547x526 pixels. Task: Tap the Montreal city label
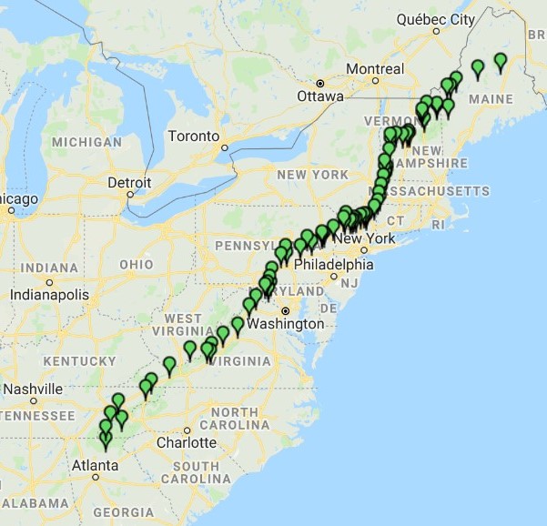375,69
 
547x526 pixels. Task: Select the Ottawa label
320,96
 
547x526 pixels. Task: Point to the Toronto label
193,137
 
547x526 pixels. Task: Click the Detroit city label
129,182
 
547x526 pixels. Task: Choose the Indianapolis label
50,295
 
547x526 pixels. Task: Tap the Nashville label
33,389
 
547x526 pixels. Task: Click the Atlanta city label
96,465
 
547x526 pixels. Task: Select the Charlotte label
186,442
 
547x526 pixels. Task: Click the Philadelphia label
339,265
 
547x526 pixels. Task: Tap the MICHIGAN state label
86,142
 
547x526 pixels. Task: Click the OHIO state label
137,264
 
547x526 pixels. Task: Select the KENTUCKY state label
80,361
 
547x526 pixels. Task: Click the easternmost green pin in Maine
500,62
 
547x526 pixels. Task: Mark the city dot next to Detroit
130,193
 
